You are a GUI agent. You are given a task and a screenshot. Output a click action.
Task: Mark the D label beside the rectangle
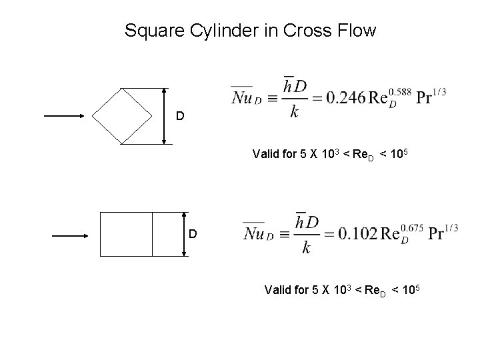point(193,235)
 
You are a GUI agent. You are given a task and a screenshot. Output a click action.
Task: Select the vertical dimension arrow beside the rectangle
point(184,234)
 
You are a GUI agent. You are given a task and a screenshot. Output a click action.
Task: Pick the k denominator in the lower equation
point(305,249)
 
